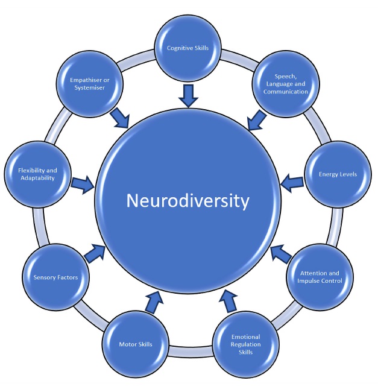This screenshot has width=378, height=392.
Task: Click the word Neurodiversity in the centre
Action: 187,200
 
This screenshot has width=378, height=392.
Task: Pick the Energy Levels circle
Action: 338,174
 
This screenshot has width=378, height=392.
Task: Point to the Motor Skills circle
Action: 135,344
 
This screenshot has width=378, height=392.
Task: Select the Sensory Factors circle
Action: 55,277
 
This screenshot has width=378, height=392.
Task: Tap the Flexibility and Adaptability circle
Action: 33,174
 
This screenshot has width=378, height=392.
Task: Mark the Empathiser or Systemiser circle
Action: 88,83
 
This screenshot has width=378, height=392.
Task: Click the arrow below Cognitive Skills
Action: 189,95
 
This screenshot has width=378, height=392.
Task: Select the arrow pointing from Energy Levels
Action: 293,180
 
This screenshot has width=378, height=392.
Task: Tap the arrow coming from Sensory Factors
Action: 96,252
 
